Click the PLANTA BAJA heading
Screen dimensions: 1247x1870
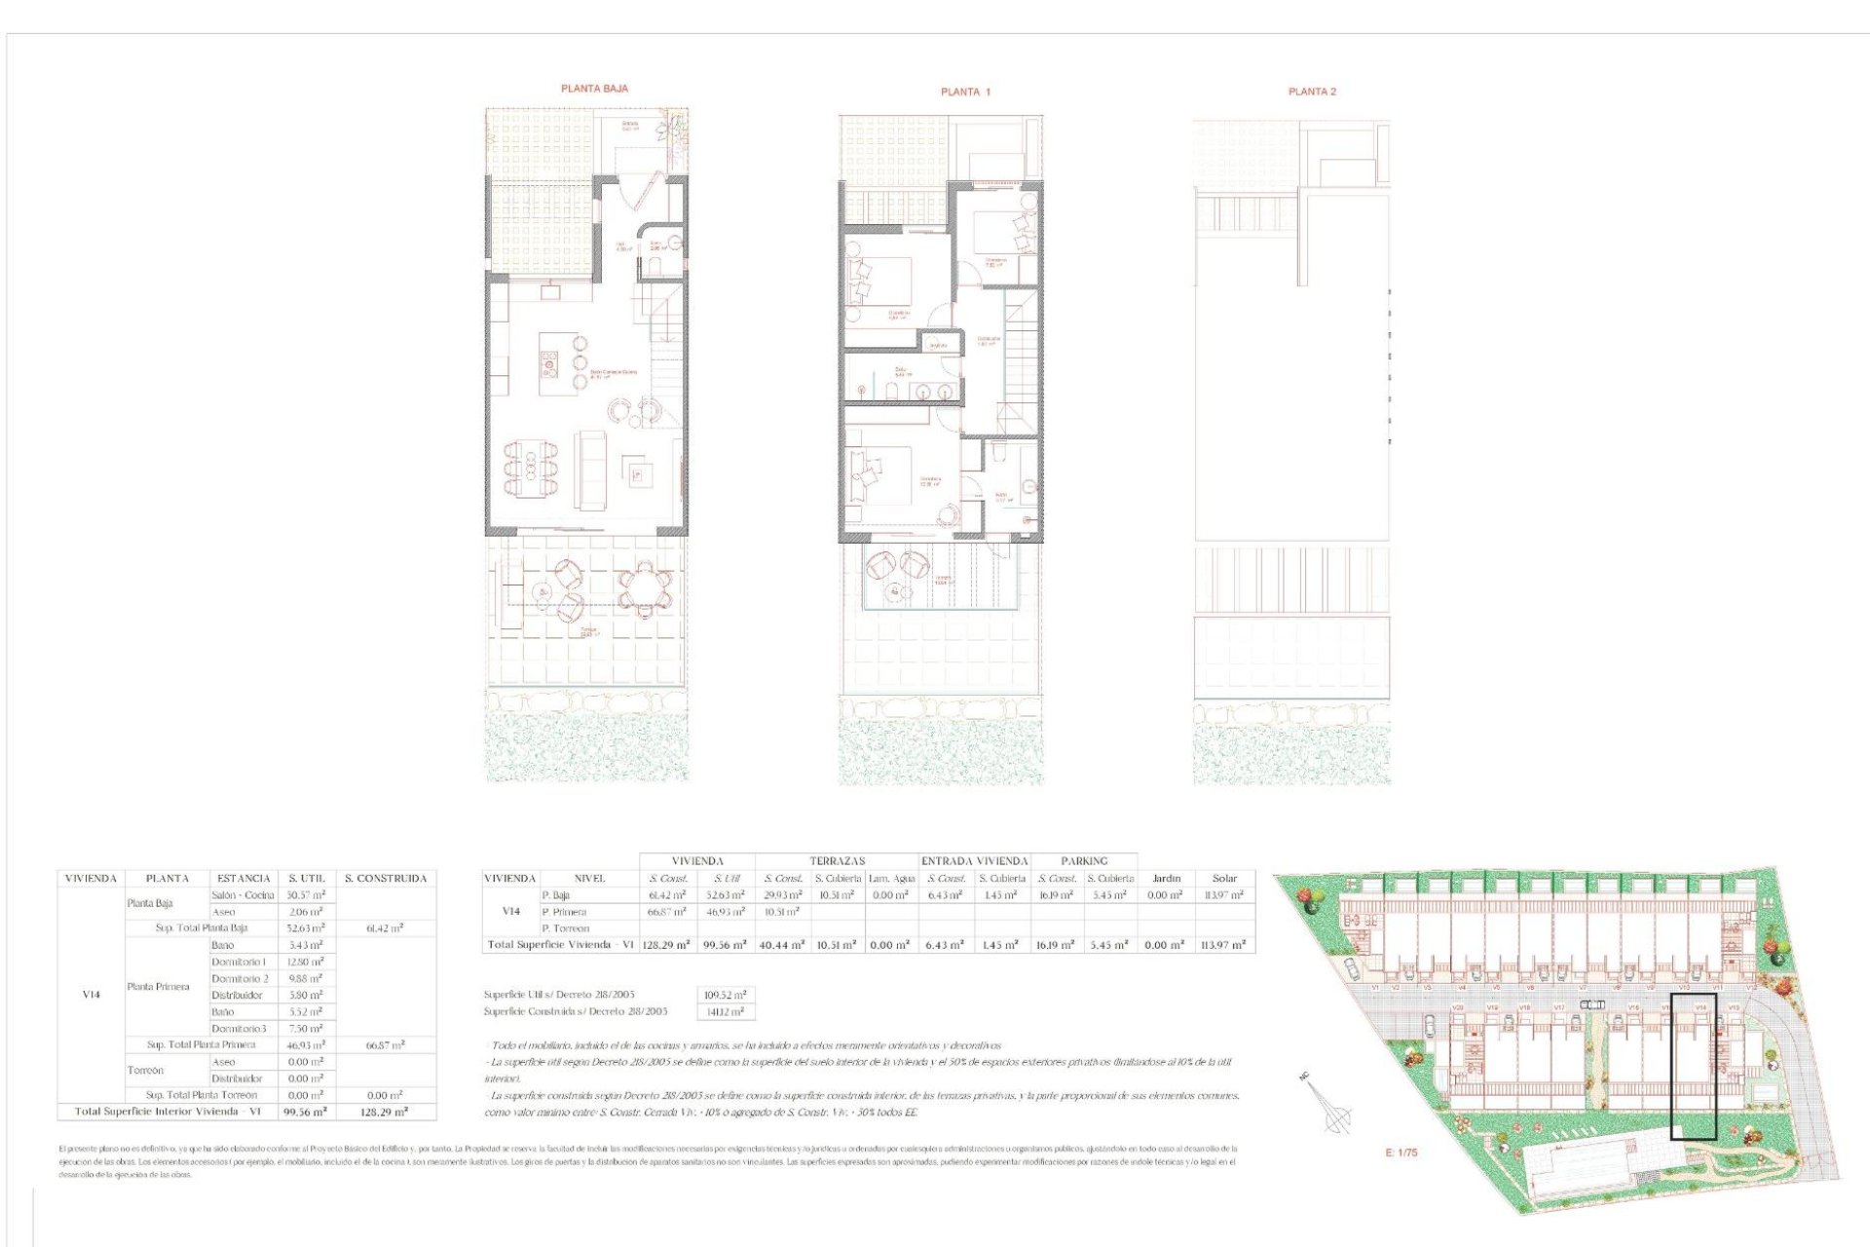click(594, 89)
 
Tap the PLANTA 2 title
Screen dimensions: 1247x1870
click(1312, 92)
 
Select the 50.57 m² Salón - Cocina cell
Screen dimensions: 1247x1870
click(306, 895)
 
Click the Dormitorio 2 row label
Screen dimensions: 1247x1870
click(240, 979)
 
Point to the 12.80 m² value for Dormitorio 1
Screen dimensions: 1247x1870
click(306, 963)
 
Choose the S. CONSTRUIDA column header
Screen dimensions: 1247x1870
click(386, 879)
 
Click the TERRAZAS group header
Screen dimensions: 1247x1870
click(837, 861)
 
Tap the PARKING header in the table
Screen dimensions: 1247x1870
click(1084, 861)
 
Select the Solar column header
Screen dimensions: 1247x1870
click(1224, 879)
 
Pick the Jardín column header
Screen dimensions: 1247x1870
click(1166, 879)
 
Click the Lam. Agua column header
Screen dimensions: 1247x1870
click(891, 879)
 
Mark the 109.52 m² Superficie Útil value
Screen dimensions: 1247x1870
click(726, 996)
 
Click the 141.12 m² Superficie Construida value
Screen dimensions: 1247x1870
click(726, 1012)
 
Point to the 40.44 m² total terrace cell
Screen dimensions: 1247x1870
click(783, 945)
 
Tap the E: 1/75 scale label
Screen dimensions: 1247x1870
click(1402, 1153)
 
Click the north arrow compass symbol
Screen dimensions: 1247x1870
click(1334, 1111)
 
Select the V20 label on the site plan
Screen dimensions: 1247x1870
click(1458, 1008)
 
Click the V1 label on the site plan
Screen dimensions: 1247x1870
click(1375, 988)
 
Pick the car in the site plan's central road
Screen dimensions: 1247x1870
click(1592, 1004)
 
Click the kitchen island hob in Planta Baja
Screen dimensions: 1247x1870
click(549, 365)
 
